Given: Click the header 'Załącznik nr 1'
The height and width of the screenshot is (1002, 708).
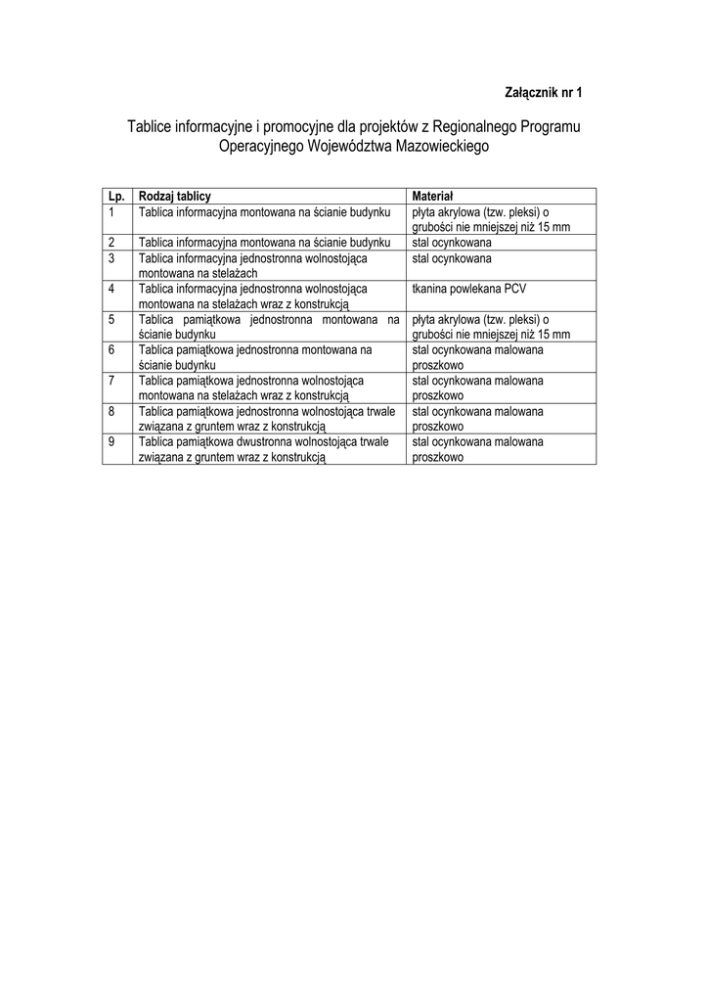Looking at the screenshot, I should (x=543, y=93).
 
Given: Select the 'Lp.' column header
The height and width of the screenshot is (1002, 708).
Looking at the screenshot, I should (x=117, y=196).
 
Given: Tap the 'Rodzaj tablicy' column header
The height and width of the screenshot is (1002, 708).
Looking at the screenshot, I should (x=175, y=196).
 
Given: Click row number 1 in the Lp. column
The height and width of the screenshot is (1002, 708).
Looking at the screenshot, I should (x=113, y=211).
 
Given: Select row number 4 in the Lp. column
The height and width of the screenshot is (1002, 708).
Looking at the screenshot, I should (x=113, y=289).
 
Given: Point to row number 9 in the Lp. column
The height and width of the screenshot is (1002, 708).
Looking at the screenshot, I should (x=113, y=441).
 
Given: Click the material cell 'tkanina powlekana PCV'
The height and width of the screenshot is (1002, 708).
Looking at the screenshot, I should (x=469, y=289).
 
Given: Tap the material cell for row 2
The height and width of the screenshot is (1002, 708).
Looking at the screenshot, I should (x=452, y=242).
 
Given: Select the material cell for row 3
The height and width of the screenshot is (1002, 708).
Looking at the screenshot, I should (x=452, y=258).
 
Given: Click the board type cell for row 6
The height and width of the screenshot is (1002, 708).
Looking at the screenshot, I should (x=256, y=356).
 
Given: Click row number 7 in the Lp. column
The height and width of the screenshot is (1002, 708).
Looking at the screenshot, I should (x=113, y=381).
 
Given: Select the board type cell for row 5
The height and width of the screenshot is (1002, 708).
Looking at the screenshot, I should (x=269, y=326).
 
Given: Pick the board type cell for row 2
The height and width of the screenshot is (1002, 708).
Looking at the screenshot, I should (x=265, y=242).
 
